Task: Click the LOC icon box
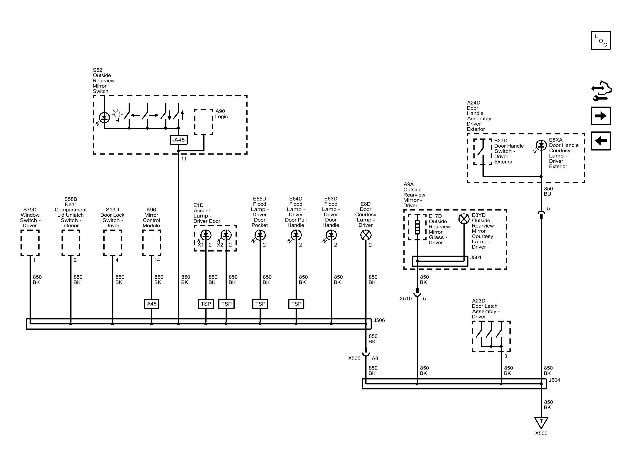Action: coord(601,40)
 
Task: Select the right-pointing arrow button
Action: coord(601,116)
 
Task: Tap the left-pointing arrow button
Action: coord(601,141)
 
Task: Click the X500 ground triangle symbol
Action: coord(541,422)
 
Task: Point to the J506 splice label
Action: coord(379,320)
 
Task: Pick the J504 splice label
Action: coord(554,380)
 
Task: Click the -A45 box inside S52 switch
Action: coord(178,140)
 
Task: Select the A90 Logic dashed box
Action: coord(204,122)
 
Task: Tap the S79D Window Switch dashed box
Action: coord(30,243)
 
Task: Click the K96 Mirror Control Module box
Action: coord(151,243)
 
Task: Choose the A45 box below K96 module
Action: coord(152,304)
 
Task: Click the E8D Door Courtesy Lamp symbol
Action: coord(366,235)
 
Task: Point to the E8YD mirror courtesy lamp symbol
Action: coord(464,219)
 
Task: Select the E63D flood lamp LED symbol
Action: coord(331,235)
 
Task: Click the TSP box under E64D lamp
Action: coord(296,304)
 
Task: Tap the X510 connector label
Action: coord(405,299)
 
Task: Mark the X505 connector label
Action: coord(354,358)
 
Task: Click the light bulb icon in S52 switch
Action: coord(117,116)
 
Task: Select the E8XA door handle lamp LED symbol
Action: coord(541,145)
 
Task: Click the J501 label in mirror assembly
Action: coord(476,258)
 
